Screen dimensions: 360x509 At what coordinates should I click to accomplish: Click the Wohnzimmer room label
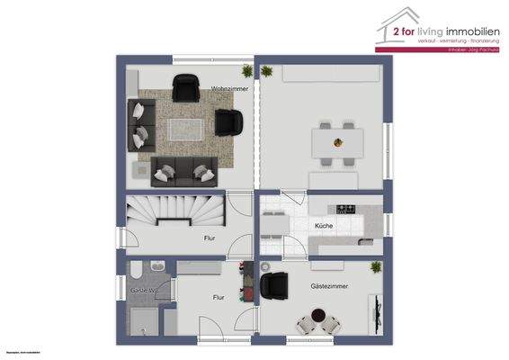click(229, 89)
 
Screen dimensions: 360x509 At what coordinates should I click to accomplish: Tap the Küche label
click(324, 225)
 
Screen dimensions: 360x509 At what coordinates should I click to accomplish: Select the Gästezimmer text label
click(329, 286)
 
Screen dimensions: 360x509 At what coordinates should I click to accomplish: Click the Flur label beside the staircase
click(210, 238)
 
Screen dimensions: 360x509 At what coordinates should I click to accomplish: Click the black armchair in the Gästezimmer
click(272, 285)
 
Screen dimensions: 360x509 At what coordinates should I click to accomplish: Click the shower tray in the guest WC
click(144, 319)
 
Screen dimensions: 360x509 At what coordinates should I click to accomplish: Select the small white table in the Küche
click(272, 225)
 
